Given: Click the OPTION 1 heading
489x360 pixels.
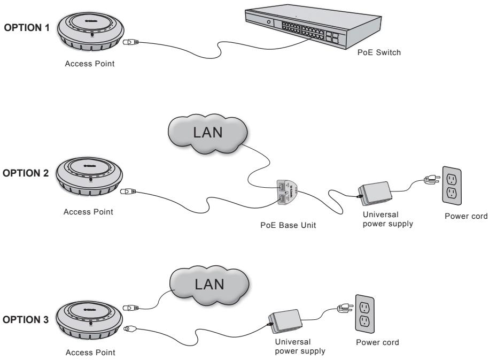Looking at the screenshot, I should click(27, 29).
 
